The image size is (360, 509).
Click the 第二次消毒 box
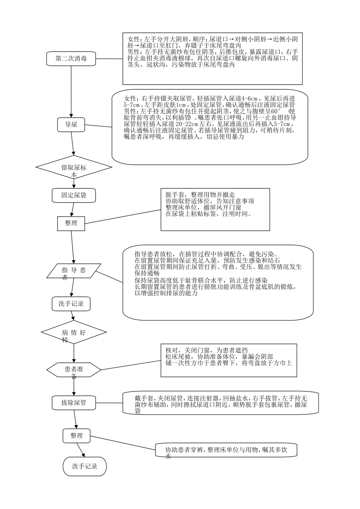pos(71,59)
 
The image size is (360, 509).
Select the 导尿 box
pos(71,124)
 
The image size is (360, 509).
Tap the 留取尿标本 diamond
pos(74,167)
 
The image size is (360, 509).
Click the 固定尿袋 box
pos(74,195)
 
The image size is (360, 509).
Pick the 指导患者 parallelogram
pos(74,271)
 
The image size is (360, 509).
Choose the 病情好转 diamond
pos(74,333)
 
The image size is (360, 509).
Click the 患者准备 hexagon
pos(74,369)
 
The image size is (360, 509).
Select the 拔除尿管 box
pos(74,403)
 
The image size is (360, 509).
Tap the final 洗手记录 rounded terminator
pos(85,466)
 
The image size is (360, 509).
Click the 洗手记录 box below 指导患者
pos(71,304)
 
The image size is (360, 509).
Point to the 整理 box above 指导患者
pos(71,223)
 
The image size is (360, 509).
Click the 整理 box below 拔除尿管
pos(76,436)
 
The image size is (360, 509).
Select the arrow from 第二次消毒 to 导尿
pos(71,91)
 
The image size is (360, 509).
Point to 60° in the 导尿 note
pos(272,112)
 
